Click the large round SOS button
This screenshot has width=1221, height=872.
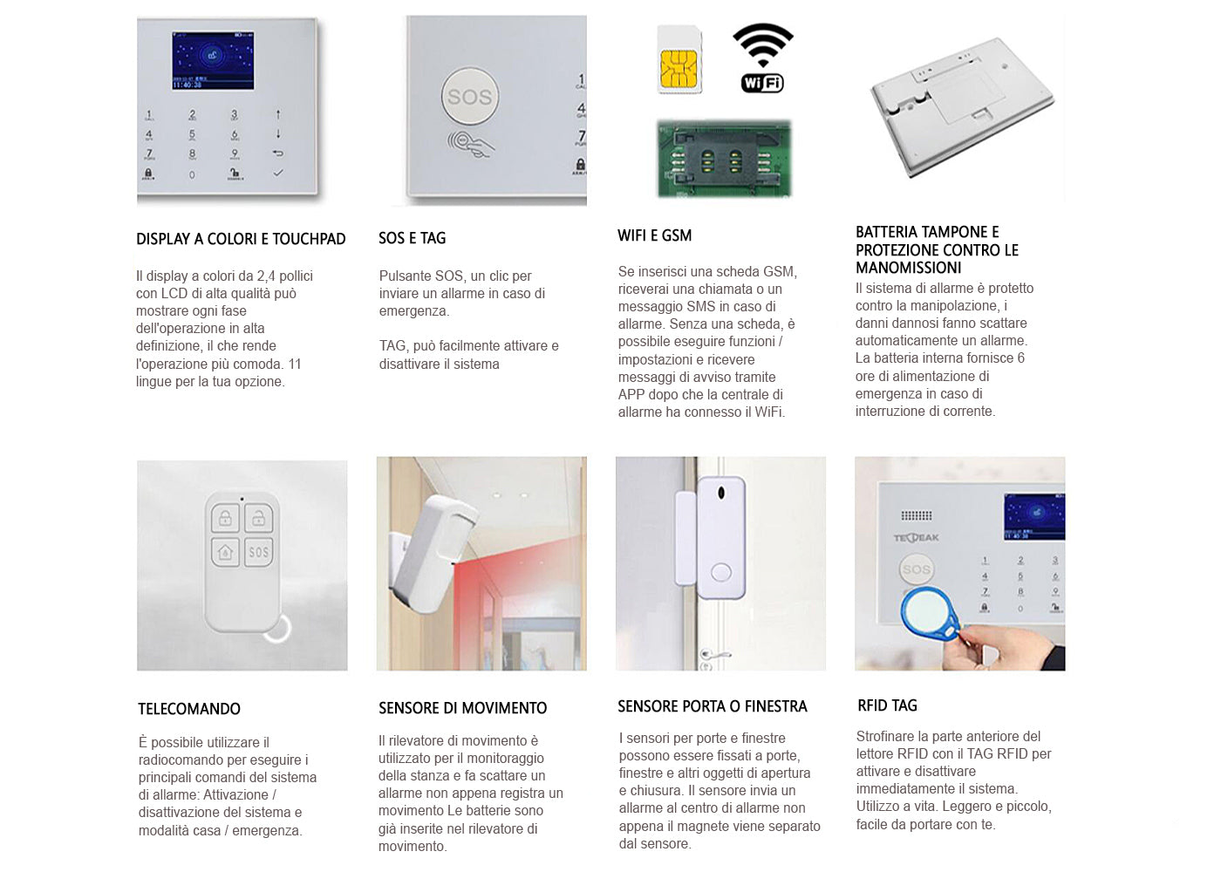(469, 97)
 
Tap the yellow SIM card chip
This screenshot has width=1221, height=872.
(679, 69)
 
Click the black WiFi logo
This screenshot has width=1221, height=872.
(762, 58)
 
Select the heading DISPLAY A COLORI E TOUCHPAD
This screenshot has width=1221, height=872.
(241, 239)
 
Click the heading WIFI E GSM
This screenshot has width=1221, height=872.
(655, 235)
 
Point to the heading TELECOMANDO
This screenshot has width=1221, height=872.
(189, 708)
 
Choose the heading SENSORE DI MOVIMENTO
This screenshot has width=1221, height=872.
(463, 708)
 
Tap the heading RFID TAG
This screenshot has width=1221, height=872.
(888, 705)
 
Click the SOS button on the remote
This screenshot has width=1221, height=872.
(259, 552)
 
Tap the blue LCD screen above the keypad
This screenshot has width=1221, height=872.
(213, 60)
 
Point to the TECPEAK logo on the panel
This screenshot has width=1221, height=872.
(917, 538)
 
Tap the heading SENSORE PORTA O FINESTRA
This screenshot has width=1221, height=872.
(713, 706)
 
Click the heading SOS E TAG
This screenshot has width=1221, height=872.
(412, 238)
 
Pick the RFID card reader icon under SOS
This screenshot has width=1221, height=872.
(471, 145)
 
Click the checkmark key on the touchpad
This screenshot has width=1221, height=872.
(278, 173)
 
